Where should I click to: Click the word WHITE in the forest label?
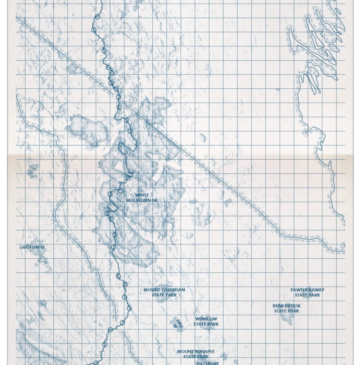pos(142,195)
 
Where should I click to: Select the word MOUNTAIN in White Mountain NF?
pos(138,200)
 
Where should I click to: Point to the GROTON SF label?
pos(32,247)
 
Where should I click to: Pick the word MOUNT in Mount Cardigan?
pos(152,290)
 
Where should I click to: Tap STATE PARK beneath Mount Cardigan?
pos(164,295)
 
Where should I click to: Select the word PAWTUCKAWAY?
pos(307,290)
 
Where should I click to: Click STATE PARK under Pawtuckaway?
pos(307,295)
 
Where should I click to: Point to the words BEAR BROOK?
pos(286,306)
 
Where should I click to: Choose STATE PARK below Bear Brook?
pos(286,311)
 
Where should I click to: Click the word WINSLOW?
pos(206,319)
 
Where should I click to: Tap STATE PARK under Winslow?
pos(206,324)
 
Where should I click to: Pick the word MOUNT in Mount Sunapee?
pos(185,351)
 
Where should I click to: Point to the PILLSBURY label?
pos(208,363)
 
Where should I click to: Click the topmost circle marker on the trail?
pos(97,17)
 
